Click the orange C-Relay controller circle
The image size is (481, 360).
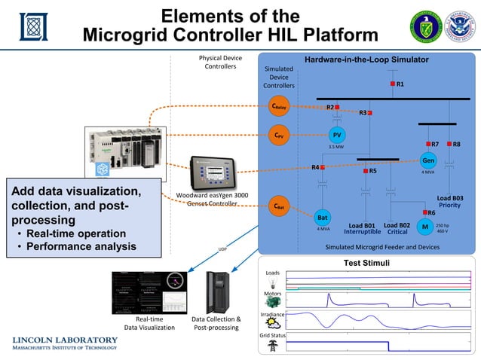click(279, 107)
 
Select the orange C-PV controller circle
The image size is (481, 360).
click(279, 136)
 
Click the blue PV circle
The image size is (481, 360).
click(337, 135)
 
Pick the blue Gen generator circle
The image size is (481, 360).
click(428, 161)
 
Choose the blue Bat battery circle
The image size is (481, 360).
click(322, 217)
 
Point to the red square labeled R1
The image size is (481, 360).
click(392, 84)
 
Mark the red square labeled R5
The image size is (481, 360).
click(365, 172)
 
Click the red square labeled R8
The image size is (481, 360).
click(449, 143)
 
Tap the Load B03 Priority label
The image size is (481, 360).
click(449, 201)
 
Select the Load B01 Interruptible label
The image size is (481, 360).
click(360, 228)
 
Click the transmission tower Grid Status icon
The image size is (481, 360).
click(271, 347)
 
